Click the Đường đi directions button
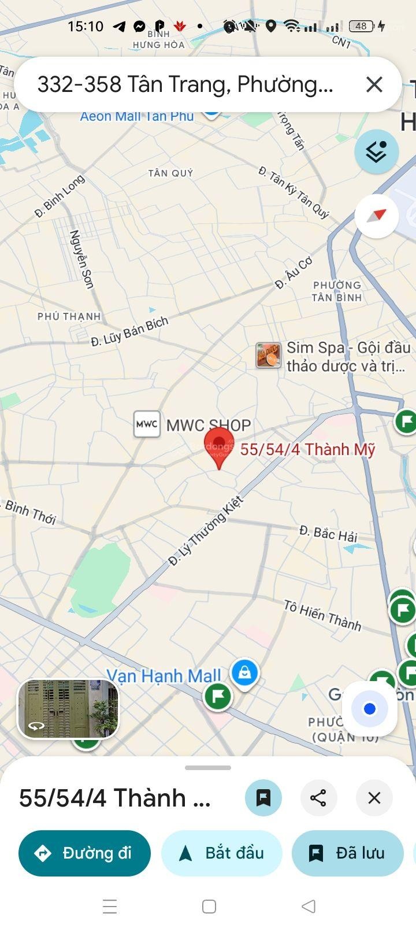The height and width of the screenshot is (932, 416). click(x=84, y=853)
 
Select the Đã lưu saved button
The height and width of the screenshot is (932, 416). click(x=348, y=853)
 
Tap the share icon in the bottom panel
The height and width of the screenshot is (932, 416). click(x=318, y=798)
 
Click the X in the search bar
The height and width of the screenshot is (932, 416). click(x=374, y=84)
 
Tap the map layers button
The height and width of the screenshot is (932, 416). click(x=376, y=152)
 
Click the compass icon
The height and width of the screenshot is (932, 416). click(x=377, y=216)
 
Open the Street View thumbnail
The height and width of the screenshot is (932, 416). click(x=68, y=709)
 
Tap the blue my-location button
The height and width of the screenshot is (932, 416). click(x=370, y=709)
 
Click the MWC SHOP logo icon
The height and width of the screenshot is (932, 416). click(x=147, y=425)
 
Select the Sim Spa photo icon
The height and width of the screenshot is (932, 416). click(x=269, y=355)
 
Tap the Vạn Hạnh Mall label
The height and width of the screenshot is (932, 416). click(x=164, y=675)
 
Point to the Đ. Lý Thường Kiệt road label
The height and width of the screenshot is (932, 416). click(x=206, y=530)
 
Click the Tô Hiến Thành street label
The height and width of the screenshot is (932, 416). click(x=322, y=615)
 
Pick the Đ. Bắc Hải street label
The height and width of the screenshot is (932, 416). click(x=328, y=534)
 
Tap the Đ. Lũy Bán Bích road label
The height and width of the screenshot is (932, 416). click(x=129, y=332)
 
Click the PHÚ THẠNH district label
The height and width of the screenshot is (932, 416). click(x=69, y=316)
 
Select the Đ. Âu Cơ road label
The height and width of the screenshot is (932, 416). click(x=294, y=273)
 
